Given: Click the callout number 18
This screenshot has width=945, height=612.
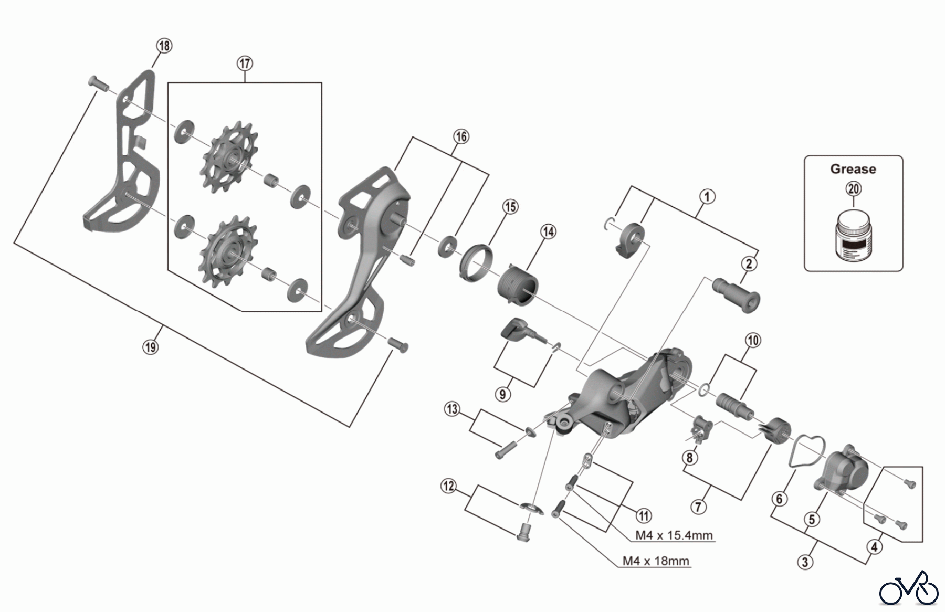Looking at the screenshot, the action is pyautogui.click(x=164, y=46).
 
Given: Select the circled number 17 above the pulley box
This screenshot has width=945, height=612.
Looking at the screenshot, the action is pyautogui.click(x=245, y=64).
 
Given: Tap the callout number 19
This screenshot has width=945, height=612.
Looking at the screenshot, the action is pyautogui.click(x=150, y=346).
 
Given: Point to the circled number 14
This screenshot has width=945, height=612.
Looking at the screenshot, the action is pyautogui.click(x=549, y=231).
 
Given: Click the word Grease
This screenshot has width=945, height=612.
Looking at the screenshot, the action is pyautogui.click(x=853, y=169).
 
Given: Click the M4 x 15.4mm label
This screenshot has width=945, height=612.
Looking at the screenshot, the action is pyautogui.click(x=674, y=535).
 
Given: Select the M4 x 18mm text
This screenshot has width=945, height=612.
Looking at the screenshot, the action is pyautogui.click(x=655, y=561).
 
